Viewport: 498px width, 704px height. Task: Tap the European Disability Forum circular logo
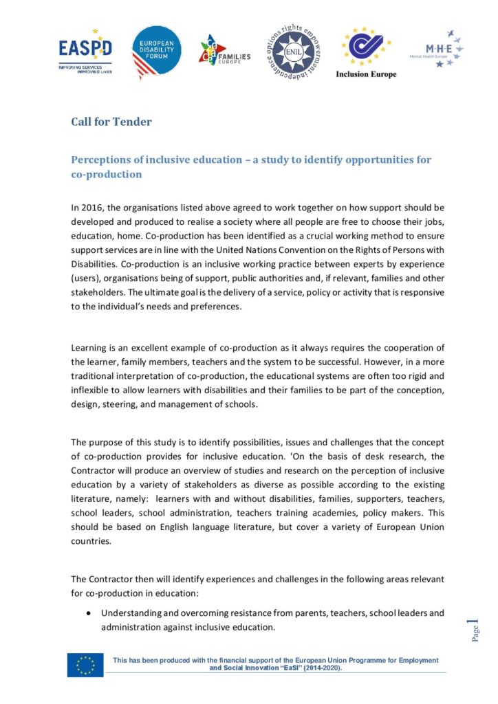(x=156, y=52)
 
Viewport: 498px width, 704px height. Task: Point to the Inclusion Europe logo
(x=366, y=54)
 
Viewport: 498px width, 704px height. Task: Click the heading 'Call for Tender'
(x=111, y=122)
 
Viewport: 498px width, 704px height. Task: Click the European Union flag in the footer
(x=85, y=665)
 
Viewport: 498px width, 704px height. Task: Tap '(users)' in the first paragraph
(x=87, y=278)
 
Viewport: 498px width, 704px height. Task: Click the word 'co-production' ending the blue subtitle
(x=107, y=175)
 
